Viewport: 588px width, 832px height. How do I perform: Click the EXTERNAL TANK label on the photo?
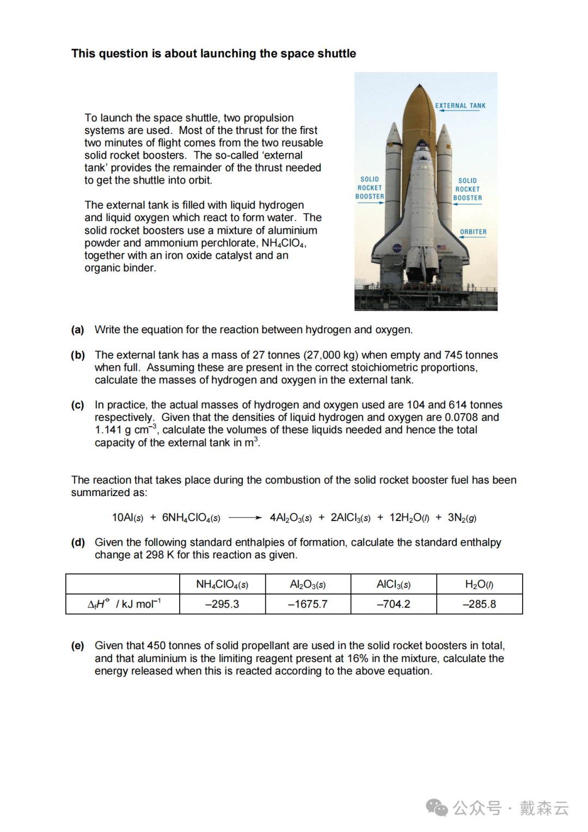(460, 106)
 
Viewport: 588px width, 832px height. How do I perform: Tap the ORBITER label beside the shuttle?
(473, 232)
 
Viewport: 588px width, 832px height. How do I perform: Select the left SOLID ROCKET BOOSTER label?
(370, 188)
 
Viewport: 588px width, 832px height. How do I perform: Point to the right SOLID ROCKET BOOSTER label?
(468, 189)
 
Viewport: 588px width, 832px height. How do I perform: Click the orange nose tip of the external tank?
(419, 87)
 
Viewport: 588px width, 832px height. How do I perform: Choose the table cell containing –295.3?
(222, 604)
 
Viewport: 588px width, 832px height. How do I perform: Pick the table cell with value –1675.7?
(308, 604)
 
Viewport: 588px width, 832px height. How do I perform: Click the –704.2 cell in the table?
(394, 604)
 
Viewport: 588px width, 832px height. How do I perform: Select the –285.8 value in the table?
(479, 604)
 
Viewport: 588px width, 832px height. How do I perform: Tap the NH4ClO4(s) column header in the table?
(222, 585)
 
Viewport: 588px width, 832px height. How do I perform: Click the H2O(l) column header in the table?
(479, 585)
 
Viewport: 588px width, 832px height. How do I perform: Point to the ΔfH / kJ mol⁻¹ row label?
(124, 604)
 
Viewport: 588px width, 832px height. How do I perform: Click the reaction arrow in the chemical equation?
(245, 518)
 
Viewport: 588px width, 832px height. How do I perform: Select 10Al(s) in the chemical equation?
(127, 518)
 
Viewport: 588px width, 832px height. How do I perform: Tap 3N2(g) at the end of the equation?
(462, 518)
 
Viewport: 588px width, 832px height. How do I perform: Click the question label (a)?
(78, 330)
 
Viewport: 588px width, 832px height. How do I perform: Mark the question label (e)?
(78, 646)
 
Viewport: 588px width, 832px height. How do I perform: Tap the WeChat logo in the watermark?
(437, 807)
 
